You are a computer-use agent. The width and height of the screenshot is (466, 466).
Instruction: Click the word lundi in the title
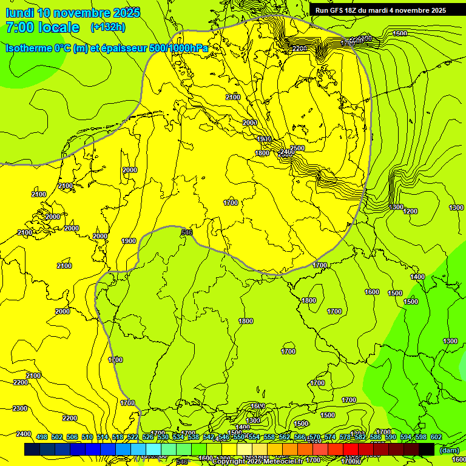coord(22,13)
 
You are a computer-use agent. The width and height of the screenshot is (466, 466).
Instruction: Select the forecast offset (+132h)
coord(108,27)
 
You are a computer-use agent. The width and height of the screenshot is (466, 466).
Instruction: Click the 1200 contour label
coord(410,211)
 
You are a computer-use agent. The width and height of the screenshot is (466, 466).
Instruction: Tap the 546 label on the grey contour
coord(187,232)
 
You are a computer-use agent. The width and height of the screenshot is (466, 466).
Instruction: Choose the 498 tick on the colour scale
coord(42,437)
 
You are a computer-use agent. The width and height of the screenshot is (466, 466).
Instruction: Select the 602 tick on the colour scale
coord(436,437)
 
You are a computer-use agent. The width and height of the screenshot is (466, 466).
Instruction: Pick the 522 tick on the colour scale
coord(133,437)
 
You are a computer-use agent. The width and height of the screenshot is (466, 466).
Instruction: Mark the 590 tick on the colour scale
coord(390,437)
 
